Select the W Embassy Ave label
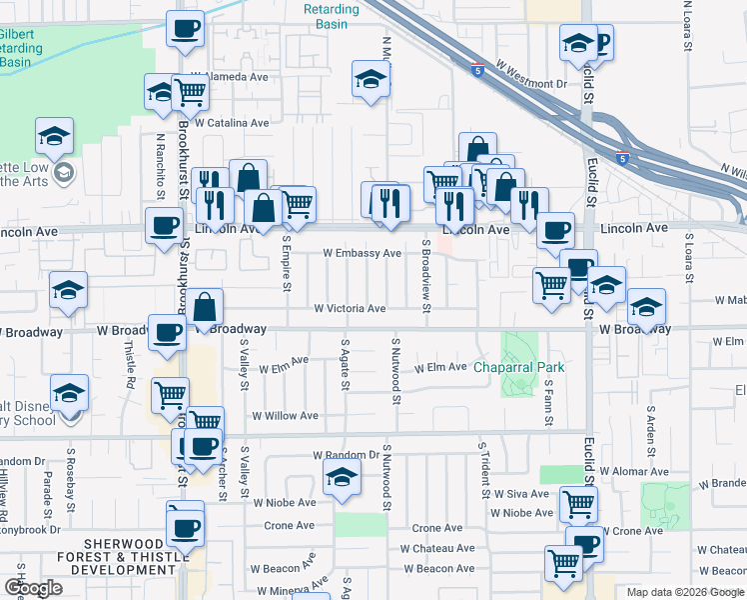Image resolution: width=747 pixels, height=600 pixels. coord(362,253)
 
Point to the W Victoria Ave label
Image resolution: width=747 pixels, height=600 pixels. coord(350,309)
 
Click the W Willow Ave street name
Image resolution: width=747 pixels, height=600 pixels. coord(285,415)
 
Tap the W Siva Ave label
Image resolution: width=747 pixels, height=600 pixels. coord(519,494)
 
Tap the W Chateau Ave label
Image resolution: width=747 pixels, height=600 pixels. coord(437,548)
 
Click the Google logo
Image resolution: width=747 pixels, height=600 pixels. coord(33,588)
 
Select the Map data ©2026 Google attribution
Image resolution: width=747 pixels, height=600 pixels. coord(684,592)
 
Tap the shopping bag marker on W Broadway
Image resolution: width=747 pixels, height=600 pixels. coord(204,310)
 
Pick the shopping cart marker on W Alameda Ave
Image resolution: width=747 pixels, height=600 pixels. coord(190,93)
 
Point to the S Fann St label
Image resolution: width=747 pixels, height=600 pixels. coord(549,406)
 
